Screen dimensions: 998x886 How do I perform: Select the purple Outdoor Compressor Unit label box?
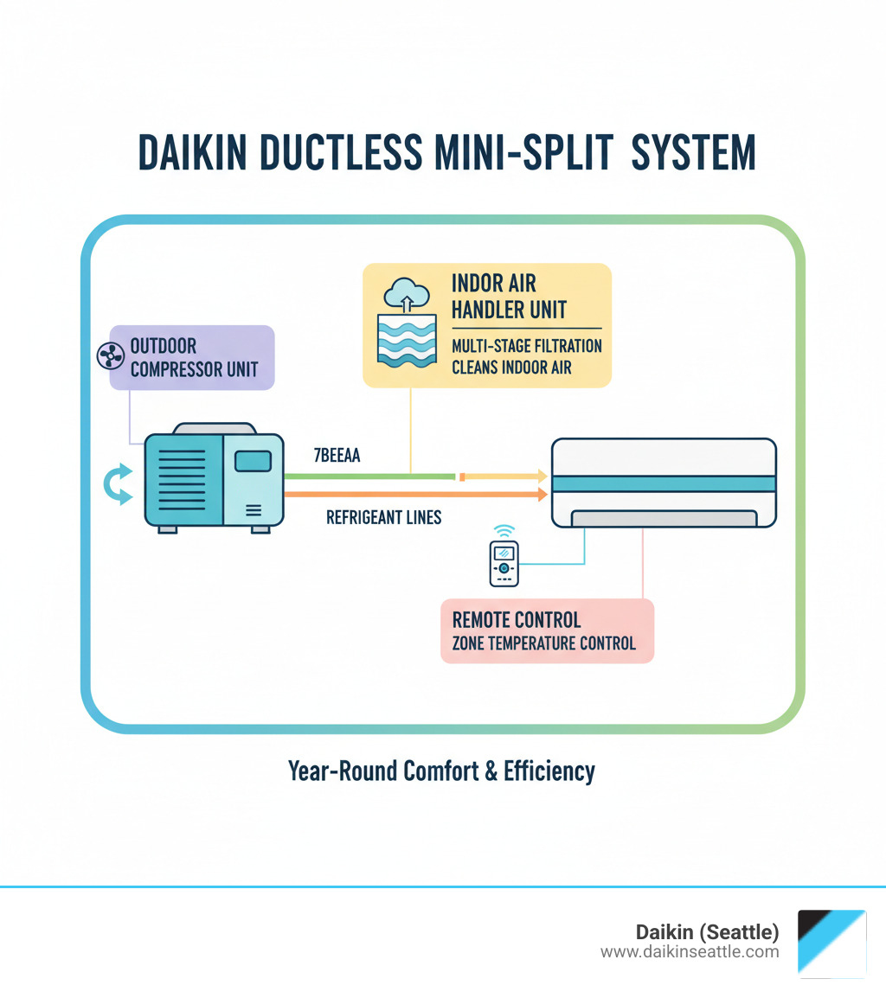click(x=192, y=356)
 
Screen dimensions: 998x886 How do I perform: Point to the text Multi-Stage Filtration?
click(x=526, y=346)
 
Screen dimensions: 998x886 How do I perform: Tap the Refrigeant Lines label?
click(x=383, y=517)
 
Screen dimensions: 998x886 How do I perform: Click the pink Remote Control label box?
click(x=547, y=631)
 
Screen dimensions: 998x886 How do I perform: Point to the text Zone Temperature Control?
click(x=543, y=643)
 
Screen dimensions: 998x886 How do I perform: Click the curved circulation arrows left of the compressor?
click(x=118, y=484)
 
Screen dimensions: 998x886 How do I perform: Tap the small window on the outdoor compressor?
click(x=253, y=462)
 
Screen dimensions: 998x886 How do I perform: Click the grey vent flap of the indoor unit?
click(x=662, y=517)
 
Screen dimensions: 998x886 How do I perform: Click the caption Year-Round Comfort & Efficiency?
click(x=441, y=771)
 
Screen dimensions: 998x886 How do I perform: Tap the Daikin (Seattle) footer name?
click(x=707, y=932)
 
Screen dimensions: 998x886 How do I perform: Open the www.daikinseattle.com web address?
click(x=690, y=952)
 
